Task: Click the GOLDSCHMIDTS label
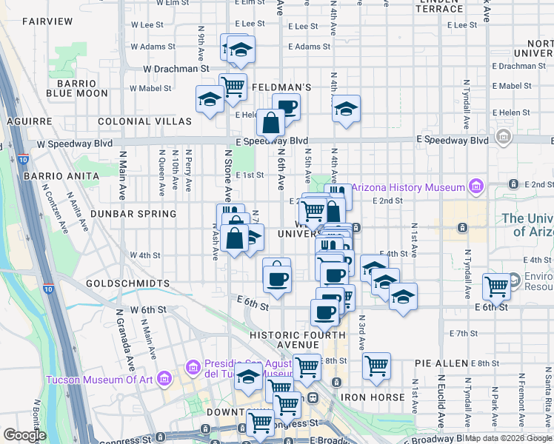127,283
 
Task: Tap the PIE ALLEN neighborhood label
441,363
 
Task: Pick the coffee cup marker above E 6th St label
277,279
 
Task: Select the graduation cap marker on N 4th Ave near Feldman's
346,110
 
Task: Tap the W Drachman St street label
174,69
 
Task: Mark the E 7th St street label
464,334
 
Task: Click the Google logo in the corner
24,435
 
